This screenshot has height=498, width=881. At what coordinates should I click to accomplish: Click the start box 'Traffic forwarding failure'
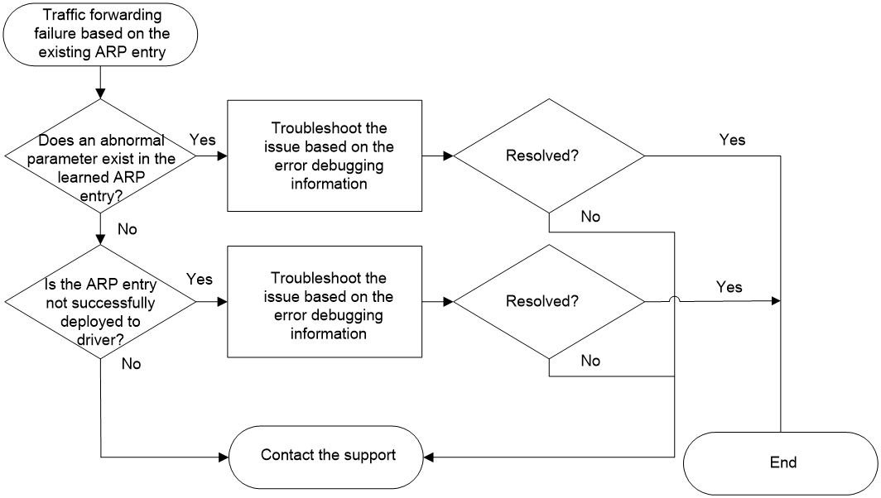(x=100, y=34)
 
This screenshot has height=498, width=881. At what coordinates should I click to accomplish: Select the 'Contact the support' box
(x=326, y=457)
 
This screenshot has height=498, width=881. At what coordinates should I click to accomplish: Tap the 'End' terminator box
(x=781, y=463)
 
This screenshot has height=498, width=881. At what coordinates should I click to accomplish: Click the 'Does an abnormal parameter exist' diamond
(x=100, y=156)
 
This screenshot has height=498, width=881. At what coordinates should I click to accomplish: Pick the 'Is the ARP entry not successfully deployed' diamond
(x=100, y=302)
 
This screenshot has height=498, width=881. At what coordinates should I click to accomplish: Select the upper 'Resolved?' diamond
(x=549, y=156)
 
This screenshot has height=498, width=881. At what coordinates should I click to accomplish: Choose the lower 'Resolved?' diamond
(x=549, y=301)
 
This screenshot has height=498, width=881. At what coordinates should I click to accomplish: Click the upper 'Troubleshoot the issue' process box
(x=325, y=156)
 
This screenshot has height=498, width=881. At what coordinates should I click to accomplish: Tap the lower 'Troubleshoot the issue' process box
(x=325, y=301)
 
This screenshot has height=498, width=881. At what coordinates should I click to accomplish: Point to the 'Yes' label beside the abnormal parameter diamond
(x=202, y=140)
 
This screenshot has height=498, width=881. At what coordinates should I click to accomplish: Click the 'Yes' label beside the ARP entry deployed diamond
(x=200, y=279)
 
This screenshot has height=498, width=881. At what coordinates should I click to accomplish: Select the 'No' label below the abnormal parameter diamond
(x=128, y=229)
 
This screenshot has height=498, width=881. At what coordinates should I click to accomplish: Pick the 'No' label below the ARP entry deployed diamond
(x=132, y=364)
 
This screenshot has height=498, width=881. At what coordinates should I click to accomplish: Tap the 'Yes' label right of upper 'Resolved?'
(x=733, y=140)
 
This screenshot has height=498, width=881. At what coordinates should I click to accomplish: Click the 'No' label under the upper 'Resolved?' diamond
(x=590, y=217)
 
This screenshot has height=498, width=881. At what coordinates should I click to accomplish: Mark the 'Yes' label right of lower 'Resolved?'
(x=729, y=287)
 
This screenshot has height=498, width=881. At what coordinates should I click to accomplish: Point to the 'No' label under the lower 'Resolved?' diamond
(x=590, y=361)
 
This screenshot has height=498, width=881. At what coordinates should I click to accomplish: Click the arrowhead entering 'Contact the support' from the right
(x=428, y=457)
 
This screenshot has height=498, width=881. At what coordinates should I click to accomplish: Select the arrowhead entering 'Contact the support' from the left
(x=224, y=457)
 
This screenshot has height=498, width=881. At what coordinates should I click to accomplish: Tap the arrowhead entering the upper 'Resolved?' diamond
(x=449, y=156)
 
